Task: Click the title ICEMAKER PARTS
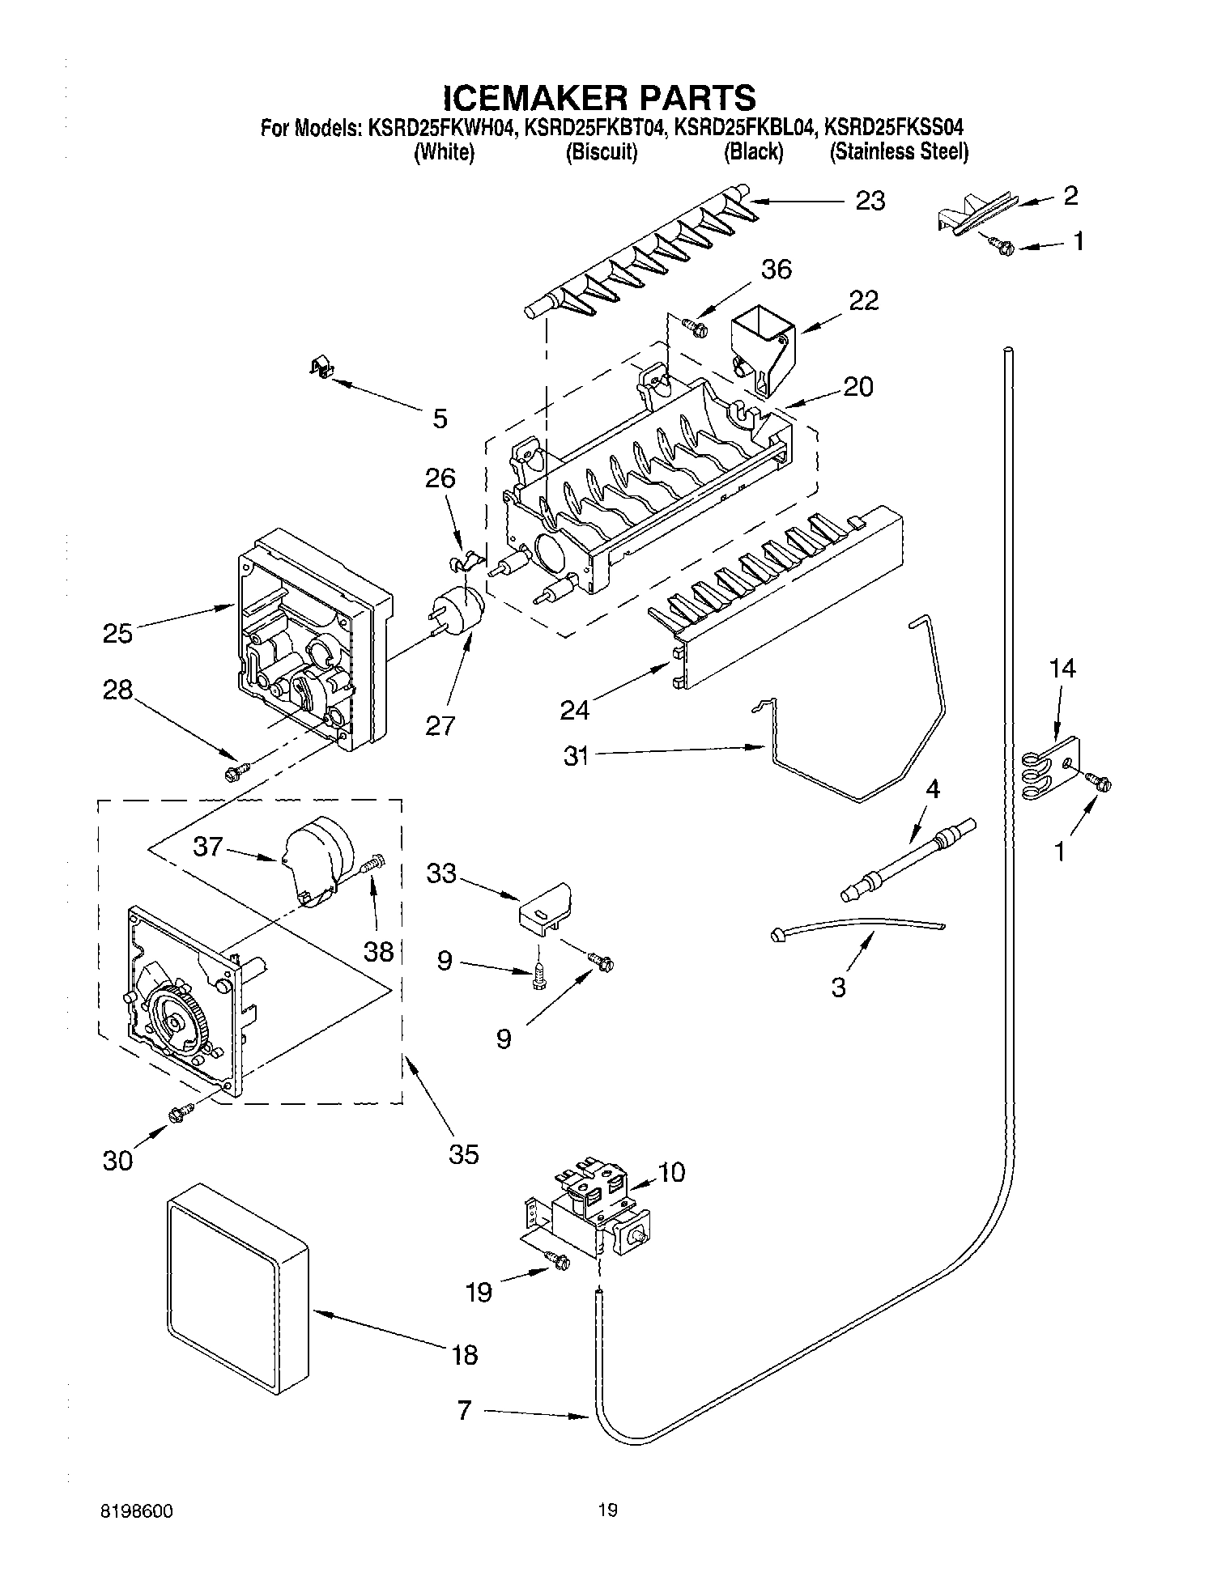click(599, 97)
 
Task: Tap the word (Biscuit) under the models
click(601, 153)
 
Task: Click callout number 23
click(870, 201)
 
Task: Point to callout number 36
click(777, 270)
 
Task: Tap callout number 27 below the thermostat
click(441, 725)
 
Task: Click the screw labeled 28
click(237, 772)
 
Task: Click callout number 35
click(464, 1153)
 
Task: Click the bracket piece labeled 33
click(545, 907)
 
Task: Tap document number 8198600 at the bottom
click(137, 1510)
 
